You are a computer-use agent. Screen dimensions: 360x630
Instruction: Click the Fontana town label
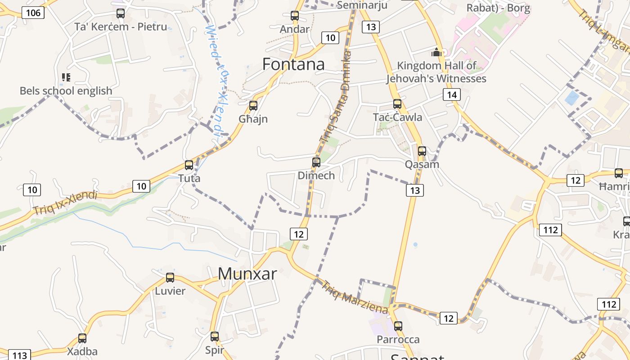tap(293, 64)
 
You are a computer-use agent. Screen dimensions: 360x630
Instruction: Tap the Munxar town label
tap(247, 274)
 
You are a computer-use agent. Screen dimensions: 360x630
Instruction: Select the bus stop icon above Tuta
tap(189, 165)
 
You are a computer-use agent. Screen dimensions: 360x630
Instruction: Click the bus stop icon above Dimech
tap(316, 162)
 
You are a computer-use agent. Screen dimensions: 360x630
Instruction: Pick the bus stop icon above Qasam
tap(422, 151)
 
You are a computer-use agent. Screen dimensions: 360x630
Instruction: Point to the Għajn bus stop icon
tap(253, 106)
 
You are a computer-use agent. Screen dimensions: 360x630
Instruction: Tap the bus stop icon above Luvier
tap(170, 278)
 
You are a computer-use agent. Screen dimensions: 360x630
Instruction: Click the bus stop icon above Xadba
tap(82, 338)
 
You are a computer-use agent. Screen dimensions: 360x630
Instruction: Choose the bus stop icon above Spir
tap(215, 336)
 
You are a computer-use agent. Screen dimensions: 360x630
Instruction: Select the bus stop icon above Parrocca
tap(398, 326)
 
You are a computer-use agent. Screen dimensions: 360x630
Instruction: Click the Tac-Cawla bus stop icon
tap(397, 104)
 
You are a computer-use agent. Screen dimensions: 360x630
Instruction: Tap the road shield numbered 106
tap(33, 13)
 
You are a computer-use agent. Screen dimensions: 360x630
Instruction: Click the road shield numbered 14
tap(452, 94)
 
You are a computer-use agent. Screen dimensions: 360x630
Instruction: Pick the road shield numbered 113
tap(20, 355)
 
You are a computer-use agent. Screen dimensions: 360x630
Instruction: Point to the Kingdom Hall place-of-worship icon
tap(436, 52)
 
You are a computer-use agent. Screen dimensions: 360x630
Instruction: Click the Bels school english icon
tap(66, 77)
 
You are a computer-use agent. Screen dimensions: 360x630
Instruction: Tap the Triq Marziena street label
tap(354, 297)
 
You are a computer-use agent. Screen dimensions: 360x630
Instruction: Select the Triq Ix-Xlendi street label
tap(65, 202)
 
